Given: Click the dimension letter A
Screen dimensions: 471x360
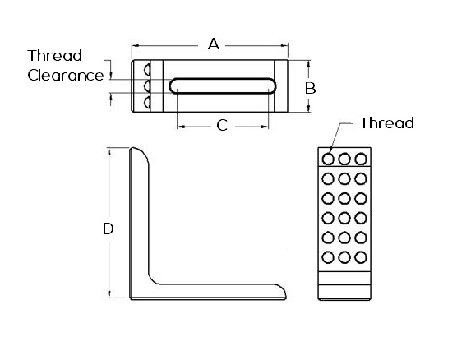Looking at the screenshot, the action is [x=214, y=44].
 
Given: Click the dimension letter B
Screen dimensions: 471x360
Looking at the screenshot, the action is [x=310, y=88].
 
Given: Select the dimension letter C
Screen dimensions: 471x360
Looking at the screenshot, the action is [x=222, y=126].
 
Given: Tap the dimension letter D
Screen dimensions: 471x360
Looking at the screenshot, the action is [x=109, y=228].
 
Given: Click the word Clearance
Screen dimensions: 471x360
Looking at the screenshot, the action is [x=66, y=76].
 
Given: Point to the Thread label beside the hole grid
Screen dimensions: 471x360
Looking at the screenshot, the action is [x=387, y=122].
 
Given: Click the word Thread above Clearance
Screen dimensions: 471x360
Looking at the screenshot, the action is [x=55, y=56].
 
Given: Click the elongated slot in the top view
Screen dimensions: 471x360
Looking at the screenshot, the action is [x=223, y=86].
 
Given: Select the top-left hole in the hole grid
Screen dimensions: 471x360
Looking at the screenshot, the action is [x=328, y=159].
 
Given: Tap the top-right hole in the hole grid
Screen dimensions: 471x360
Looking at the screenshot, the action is [x=361, y=159].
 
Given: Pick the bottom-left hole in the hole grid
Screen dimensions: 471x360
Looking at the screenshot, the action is [x=328, y=257].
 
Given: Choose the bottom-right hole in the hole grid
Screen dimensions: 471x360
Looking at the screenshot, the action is [x=361, y=257].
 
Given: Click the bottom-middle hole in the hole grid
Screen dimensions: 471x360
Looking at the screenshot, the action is [x=344, y=257].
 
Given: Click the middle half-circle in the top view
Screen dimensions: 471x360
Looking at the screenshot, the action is [x=147, y=86].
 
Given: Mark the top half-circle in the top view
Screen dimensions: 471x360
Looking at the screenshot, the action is [x=147, y=70].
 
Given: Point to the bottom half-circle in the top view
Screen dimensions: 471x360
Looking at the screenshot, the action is [x=147, y=103].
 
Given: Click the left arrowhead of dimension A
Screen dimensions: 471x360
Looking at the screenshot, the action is [x=135, y=46].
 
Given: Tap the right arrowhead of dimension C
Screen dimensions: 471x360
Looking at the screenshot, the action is [x=265, y=127].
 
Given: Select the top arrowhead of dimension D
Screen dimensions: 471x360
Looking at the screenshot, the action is [x=109, y=151].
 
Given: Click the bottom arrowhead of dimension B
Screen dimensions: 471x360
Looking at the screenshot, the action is [x=309, y=108].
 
